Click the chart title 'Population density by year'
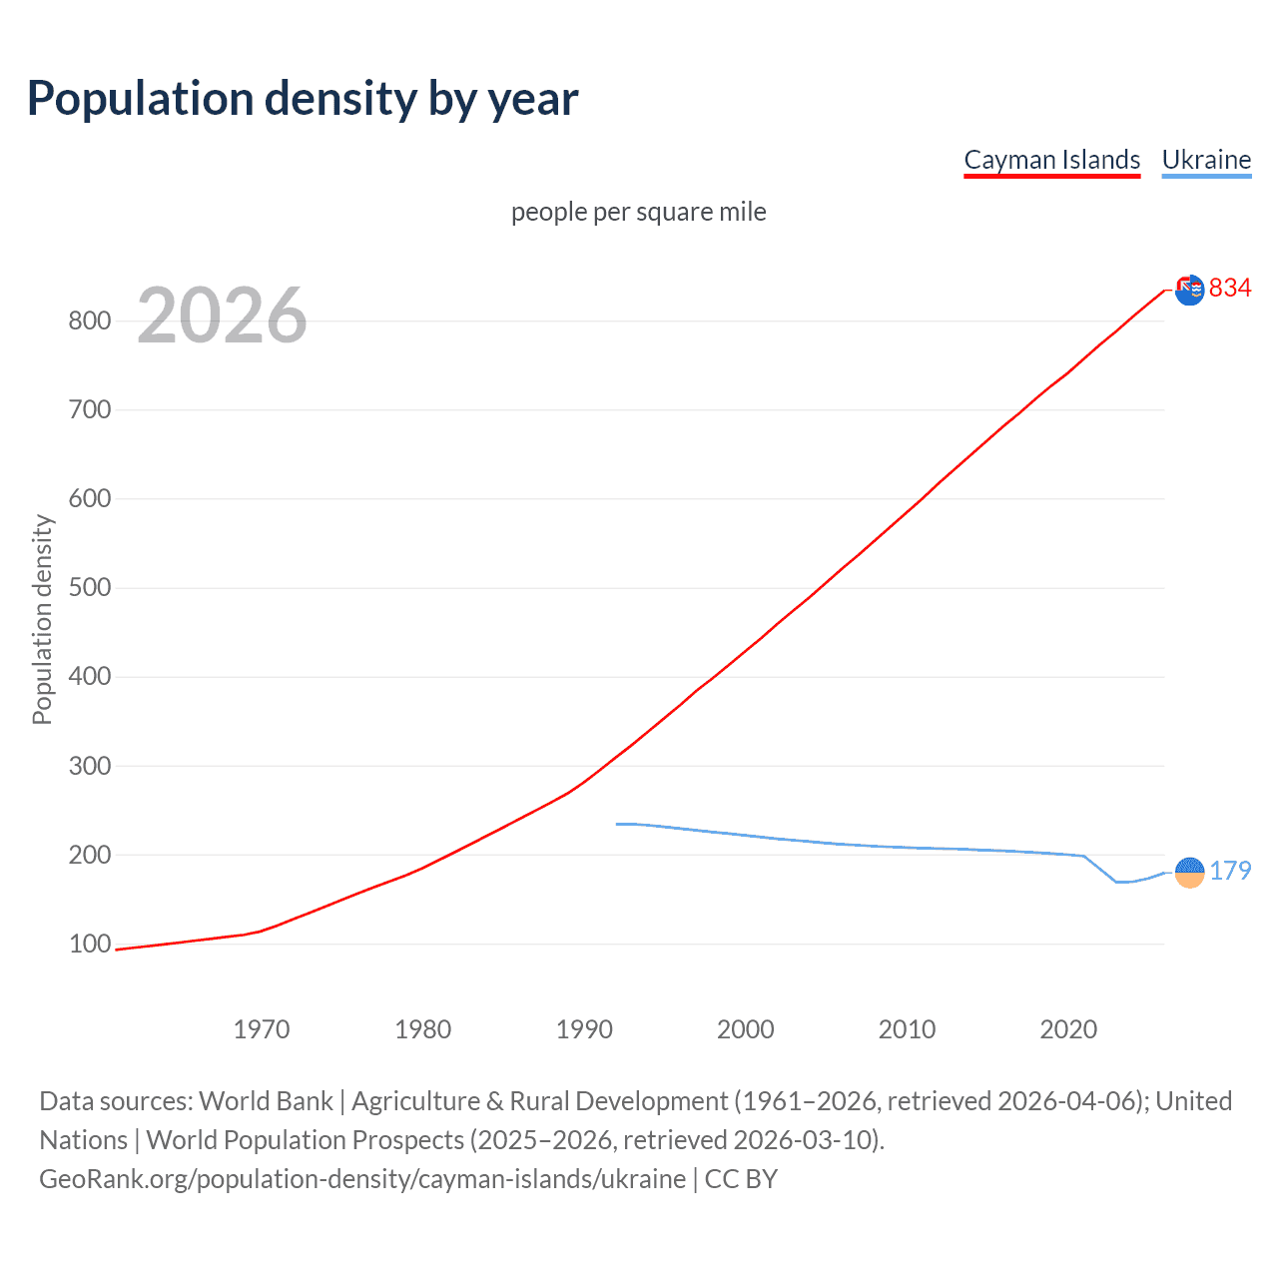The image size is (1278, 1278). pos(303,99)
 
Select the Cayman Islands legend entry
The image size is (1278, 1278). pos(1051,160)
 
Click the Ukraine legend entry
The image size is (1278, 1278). pos(1206,160)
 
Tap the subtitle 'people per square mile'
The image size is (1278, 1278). pos(638,212)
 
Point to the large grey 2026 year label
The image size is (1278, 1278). pos(222,316)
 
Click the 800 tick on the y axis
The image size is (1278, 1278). pos(89,320)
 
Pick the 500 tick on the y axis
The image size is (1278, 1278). pos(89,587)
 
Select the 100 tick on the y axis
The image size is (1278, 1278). pos(89,944)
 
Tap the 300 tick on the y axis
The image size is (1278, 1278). pos(89,766)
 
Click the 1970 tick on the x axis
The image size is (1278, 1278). pos(261,1029)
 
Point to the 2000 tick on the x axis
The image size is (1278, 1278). pos(745,1029)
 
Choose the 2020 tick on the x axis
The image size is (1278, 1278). pos(1067,1029)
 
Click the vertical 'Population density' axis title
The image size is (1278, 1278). pos(42,619)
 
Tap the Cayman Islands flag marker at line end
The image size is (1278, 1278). pos(1189,290)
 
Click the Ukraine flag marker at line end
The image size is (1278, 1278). pos(1189,872)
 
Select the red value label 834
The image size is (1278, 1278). pos(1230,288)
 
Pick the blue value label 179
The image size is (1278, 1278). pos(1230,871)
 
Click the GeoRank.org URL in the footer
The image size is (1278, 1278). pos(362,1179)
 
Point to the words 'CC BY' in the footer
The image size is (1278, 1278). pos(741,1179)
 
